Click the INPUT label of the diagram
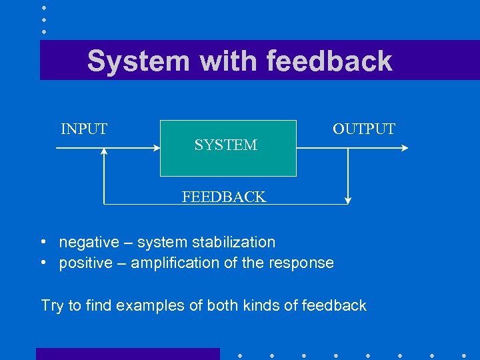(x=84, y=129)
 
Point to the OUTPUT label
(x=363, y=129)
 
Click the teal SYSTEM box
(x=227, y=160)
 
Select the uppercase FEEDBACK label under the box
(x=224, y=197)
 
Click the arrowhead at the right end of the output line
(x=403, y=148)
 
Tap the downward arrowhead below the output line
(x=347, y=199)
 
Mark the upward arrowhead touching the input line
(x=104, y=152)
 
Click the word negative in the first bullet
(x=86, y=242)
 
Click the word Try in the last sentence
(x=51, y=305)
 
